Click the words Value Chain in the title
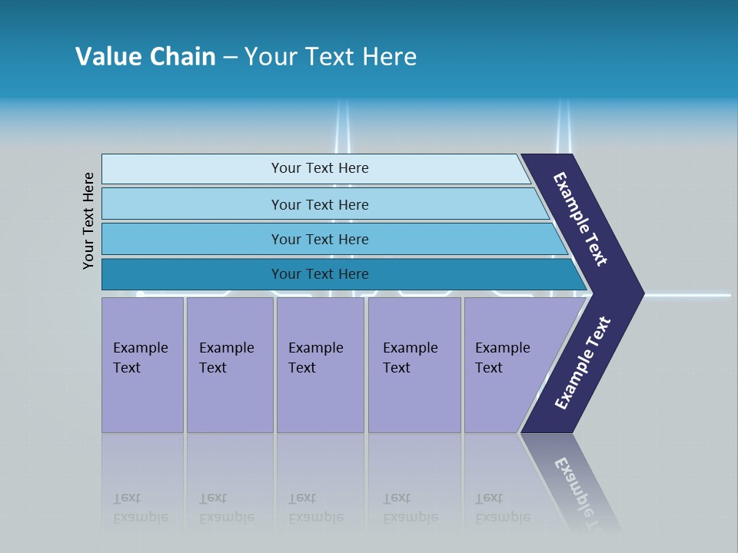pos(145,57)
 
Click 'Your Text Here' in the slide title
pos(331,57)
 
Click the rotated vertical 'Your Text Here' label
pos(88,221)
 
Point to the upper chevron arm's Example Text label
pos(580,219)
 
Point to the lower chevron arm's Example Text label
pos(582,363)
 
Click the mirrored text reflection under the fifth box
pos(502,507)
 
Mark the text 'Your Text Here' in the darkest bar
pos(320,274)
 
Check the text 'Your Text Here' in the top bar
pos(320,168)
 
